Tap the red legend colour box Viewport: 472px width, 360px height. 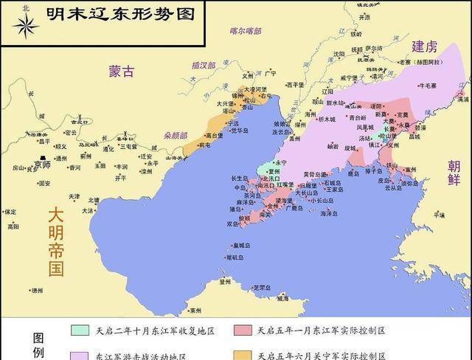(x=243, y=330)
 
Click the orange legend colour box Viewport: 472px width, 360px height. (x=243, y=355)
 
